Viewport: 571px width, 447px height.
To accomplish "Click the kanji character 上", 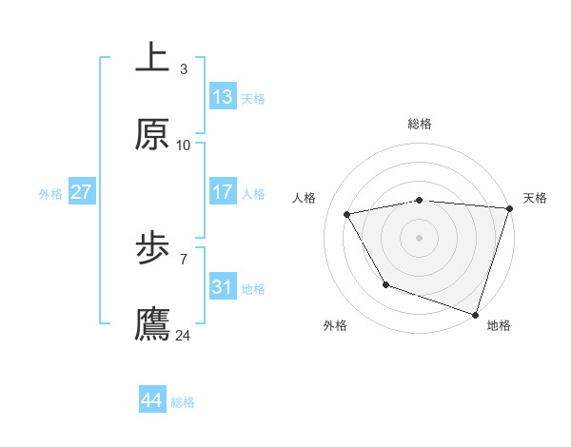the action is (x=152, y=58).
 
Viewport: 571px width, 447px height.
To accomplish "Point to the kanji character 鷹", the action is (x=152, y=324).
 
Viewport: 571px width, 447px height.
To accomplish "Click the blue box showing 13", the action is (x=223, y=97).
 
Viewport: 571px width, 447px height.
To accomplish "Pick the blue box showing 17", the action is (x=223, y=192).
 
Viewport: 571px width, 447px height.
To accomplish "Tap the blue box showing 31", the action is (x=223, y=287).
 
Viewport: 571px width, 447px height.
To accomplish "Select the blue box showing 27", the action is (x=82, y=192).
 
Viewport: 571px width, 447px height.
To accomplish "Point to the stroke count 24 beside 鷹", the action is (x=184, y=335).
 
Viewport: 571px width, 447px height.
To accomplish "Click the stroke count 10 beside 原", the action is (x=184, y=145).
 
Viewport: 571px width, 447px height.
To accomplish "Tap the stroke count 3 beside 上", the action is (x=184, y=69).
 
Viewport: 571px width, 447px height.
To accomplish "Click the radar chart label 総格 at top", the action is (x=420, y=124).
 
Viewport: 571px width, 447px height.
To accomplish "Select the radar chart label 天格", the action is (x=535, y=198).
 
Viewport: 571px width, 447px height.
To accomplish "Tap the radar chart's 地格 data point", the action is (x=475, y=314).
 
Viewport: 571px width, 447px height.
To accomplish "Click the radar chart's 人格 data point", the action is (x=347, y=214).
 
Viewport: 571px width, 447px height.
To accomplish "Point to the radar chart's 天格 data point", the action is (x=509, y=208).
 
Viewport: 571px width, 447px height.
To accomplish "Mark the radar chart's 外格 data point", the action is (x=385, y=284).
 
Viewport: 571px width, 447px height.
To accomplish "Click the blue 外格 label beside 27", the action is (x=50, y=194).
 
